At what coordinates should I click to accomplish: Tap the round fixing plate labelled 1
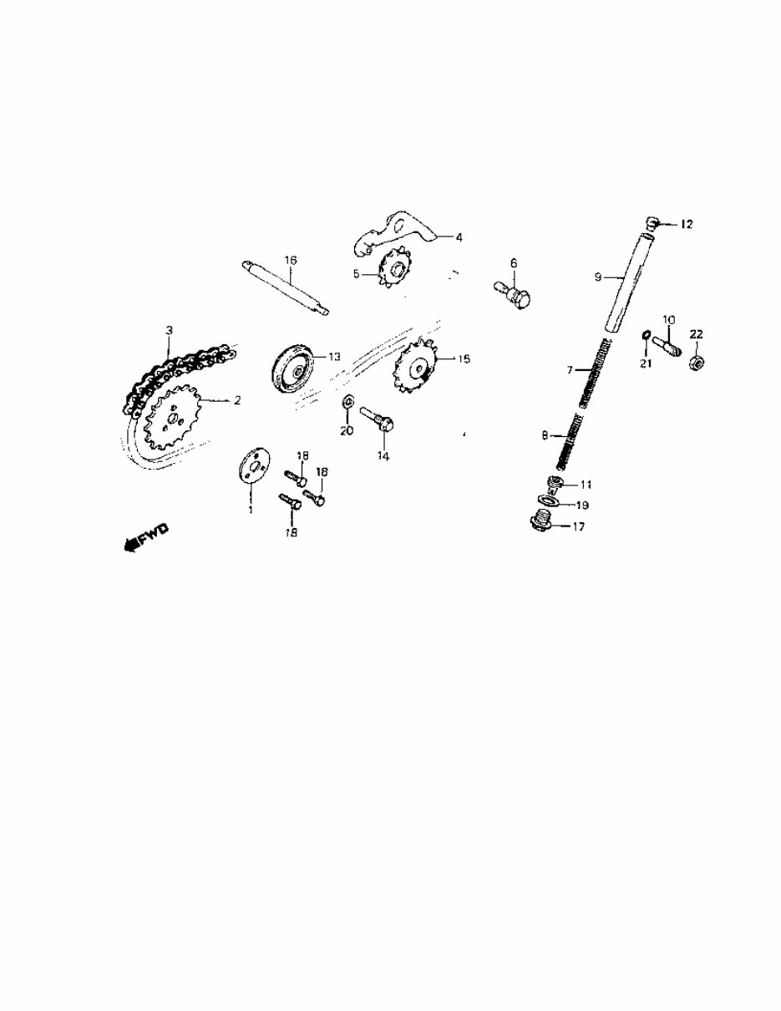(x=251, y=468)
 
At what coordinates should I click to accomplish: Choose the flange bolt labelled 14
(x=379, y=417)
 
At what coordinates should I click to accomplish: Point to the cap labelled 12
(x=653, y=221)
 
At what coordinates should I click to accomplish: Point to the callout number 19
(x=581, y=505)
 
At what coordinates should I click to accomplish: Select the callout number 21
(x=643, y=362)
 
